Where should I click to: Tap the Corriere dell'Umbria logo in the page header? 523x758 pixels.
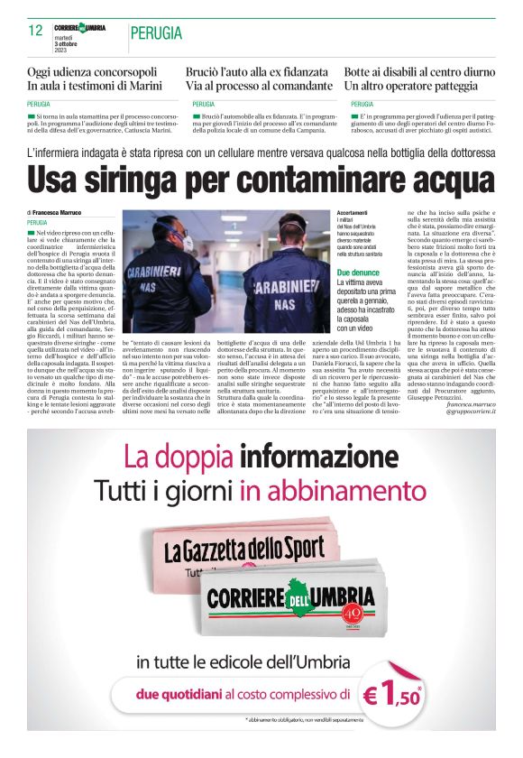point(79,28)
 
